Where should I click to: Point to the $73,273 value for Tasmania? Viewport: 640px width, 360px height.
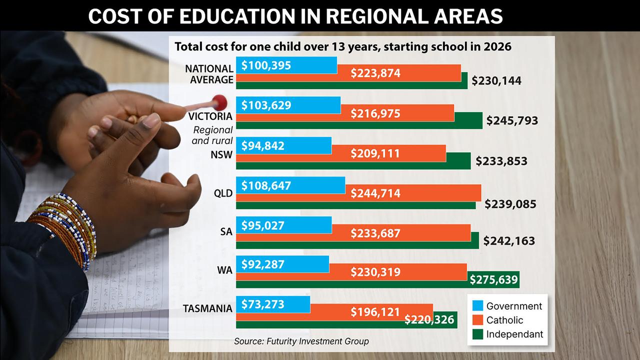(262, 303)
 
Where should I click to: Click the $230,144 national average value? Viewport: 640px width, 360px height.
(496, 80)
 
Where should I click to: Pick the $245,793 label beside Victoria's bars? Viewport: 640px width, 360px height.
(511, 120)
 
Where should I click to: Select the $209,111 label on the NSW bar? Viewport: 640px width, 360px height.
(375, 153)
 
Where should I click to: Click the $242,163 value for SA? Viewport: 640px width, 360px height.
(509, 241)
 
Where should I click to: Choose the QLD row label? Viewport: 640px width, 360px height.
(223, 193)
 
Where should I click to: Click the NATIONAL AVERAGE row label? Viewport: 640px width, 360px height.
(209, 74)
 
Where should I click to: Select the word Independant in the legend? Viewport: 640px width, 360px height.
(514, 334)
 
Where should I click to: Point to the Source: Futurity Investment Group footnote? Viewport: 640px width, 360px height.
(301, 341)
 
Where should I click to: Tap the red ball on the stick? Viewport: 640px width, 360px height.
(219, 102)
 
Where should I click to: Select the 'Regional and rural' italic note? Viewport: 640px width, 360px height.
(212, 135)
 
